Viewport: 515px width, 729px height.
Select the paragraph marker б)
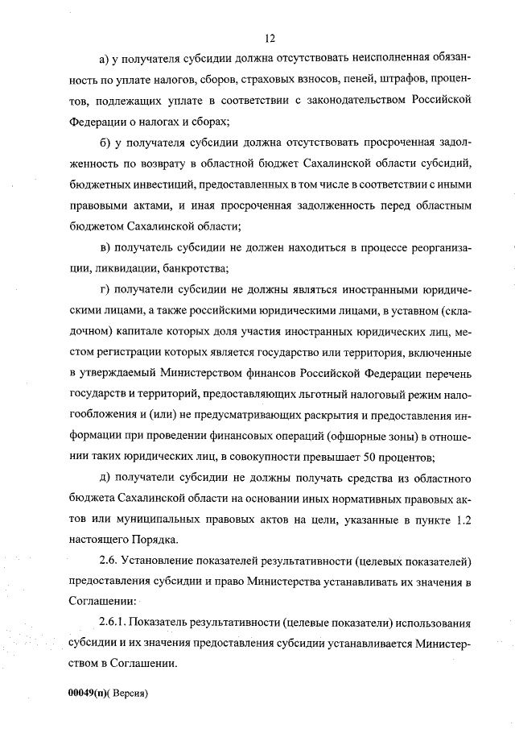104,143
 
